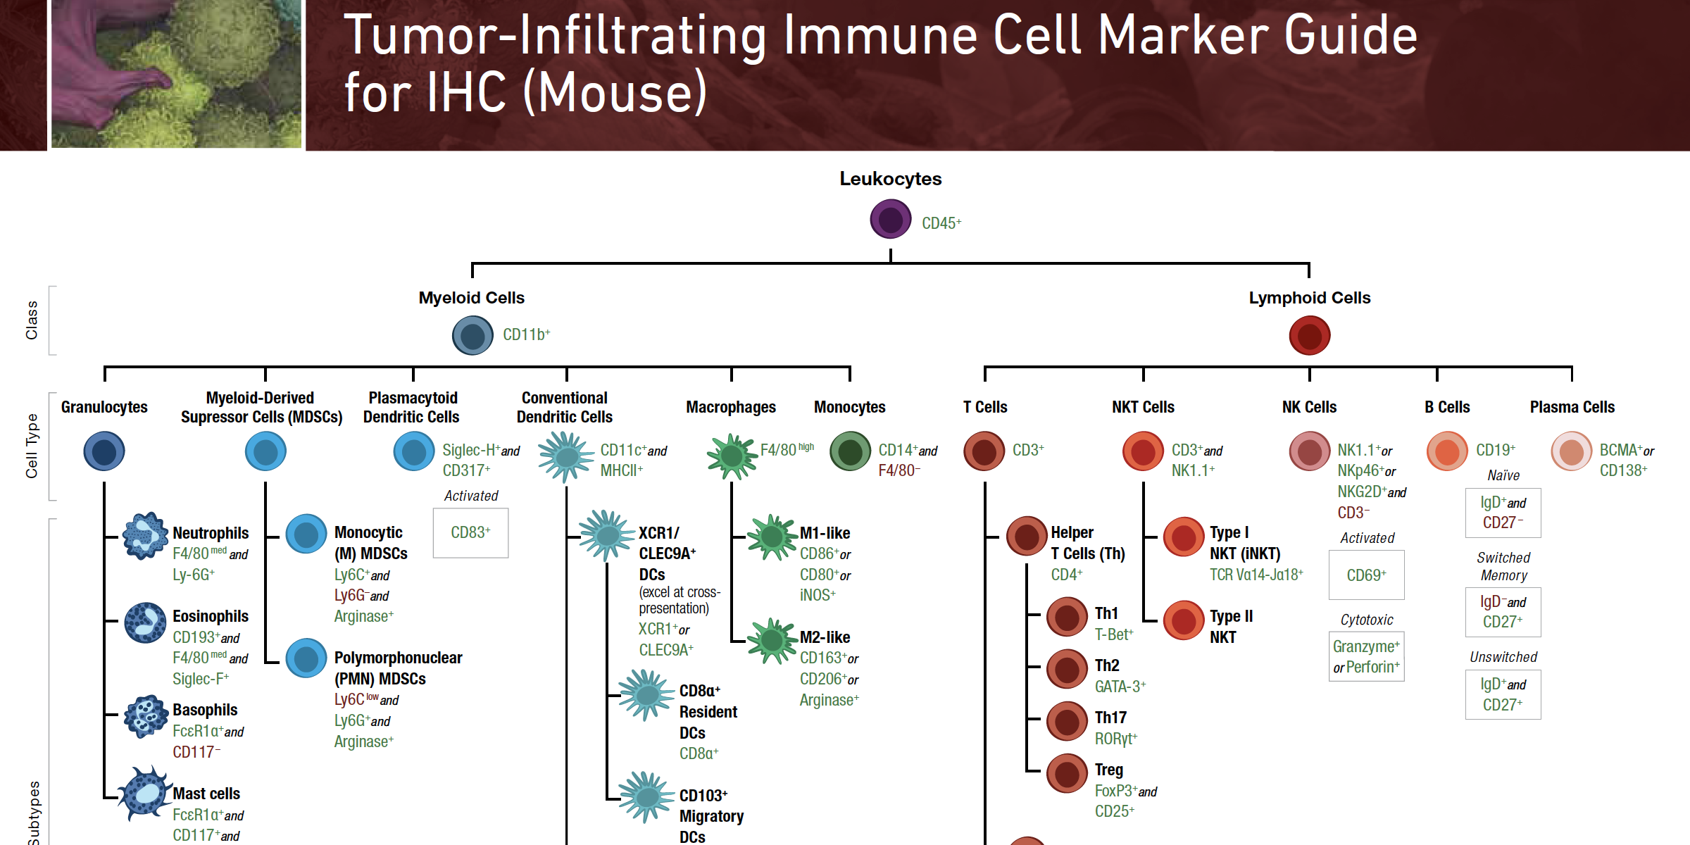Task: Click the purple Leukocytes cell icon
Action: (x=890, y=219)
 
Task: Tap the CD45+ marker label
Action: (x=941, y=223)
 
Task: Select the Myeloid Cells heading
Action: (x=471, y=298)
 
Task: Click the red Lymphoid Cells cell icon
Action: (x=1309, y=335)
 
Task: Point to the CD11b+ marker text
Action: (x=526, y=334)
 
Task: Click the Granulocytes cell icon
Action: (x=104, y=451)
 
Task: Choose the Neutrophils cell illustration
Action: (x=145, y=536)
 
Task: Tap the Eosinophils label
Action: (x=211, y=616)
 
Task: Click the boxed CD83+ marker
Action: (x=470, y=532)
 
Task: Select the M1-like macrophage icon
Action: (x=772, y=537)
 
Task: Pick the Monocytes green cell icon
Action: (x=850, y=451)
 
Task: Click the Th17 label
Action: (x=1110, y=718)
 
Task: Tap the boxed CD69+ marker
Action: (x=1366, y=575)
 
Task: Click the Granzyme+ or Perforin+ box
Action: (x=1366, y=656)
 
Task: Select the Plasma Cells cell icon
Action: (x=1571, y=451)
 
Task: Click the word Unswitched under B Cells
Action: (x=1503, y=657)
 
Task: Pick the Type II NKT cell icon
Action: (x=1184, y=620)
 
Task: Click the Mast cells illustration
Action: (x=145, y=794)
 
